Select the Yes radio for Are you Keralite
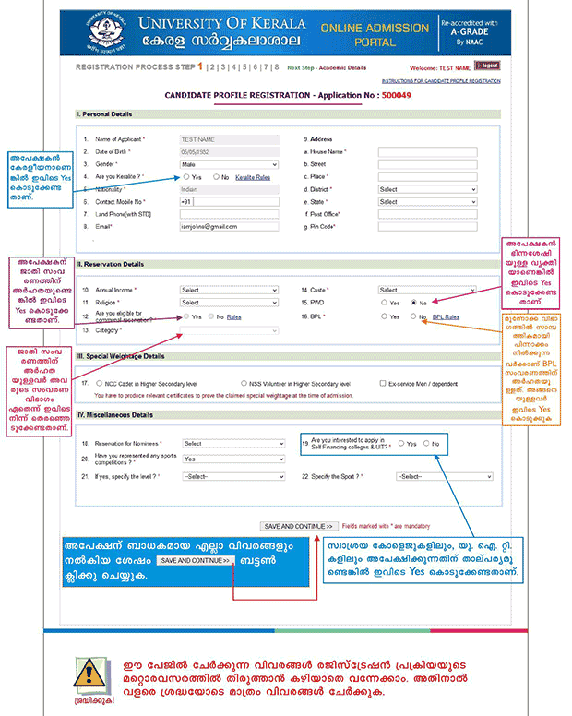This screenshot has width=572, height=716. [185, 176]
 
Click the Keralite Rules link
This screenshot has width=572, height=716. [253, 176]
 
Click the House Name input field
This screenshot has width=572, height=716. [427, 151]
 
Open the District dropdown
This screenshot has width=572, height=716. [427, 189]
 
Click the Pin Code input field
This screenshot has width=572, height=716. [427, 226]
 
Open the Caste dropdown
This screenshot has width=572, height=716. [427, 290]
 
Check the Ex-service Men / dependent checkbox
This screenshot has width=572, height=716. [383, 383]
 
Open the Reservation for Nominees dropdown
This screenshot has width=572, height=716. [233, 444]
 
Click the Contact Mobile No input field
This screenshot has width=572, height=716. [233, 201]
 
